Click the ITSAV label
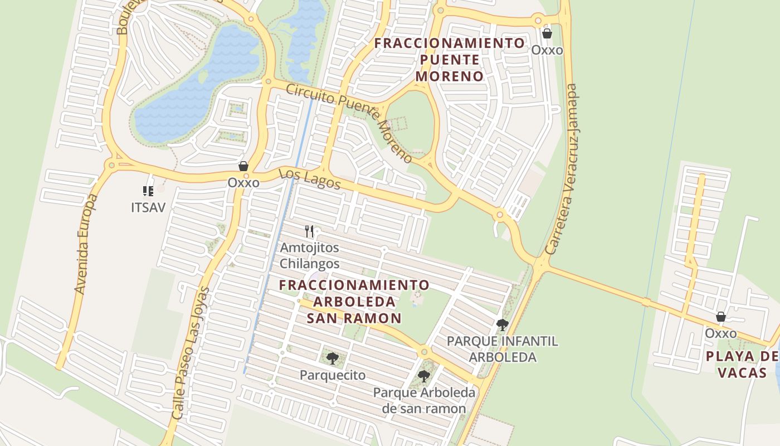148,207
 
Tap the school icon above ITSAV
148,191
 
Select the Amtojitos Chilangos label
309,255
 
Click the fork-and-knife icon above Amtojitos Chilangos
309,231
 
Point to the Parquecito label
333,375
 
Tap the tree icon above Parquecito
333,358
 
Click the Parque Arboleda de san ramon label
424,400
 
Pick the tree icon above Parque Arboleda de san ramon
424,376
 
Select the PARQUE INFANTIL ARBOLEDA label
502,349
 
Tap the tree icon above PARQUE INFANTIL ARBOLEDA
502,324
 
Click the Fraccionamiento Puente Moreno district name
450,60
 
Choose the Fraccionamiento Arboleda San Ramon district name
354,302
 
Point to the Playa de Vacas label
742,365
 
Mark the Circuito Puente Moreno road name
349,123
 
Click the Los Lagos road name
309,179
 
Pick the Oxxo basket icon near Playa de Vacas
721,317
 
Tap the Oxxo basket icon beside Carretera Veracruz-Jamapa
547,33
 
